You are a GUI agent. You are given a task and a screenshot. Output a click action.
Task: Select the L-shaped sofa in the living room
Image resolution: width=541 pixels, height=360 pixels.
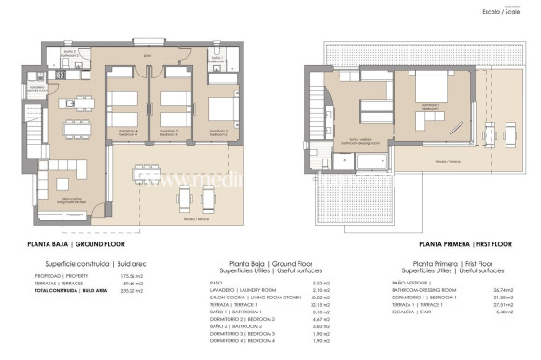59,173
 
